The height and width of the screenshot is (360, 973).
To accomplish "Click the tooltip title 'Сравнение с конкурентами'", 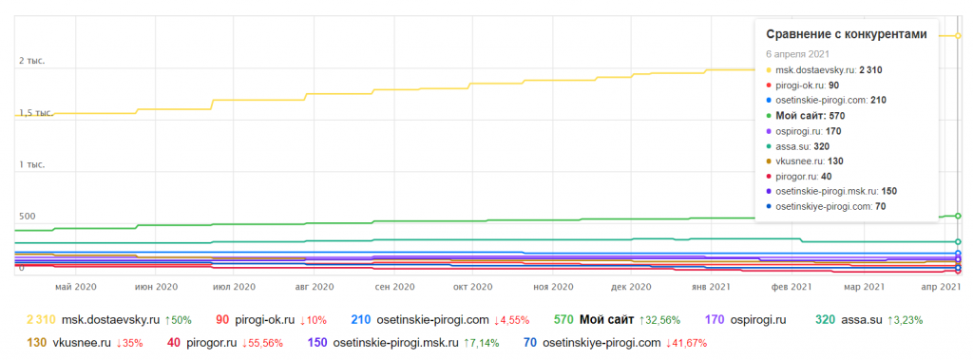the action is click(x=847, y=34).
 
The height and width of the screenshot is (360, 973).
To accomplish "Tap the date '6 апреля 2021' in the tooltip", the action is click(x=797, y=54).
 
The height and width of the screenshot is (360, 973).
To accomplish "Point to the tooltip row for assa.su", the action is click(x=798, y=146).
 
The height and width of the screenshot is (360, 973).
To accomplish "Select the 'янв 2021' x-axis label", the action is click(x=711, y=287).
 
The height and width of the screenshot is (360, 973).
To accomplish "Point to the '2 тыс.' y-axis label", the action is click(x=32, y=61).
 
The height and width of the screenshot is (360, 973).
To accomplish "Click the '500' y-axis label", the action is click(x=28, y=216).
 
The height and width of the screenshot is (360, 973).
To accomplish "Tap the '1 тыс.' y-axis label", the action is click(x=32, y=164).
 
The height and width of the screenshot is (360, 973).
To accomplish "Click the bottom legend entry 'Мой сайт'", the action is click(x=607, y=320).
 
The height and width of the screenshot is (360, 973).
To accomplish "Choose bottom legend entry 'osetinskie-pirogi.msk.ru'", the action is click(x=395, y=342).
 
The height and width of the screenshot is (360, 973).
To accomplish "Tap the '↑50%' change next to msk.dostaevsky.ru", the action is click(x=178, y=320).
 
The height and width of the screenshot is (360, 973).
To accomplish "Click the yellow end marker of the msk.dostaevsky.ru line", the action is click(x=958, y=35).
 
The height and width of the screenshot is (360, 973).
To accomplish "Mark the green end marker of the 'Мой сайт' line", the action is click(x=958, y=216).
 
